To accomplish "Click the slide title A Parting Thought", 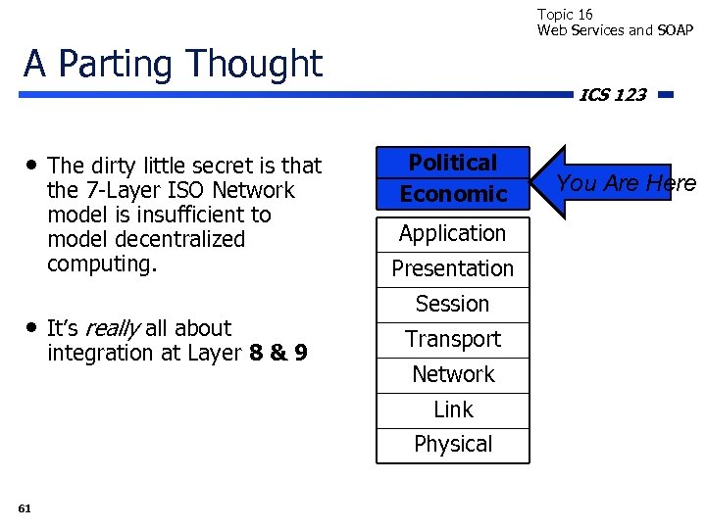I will coord(173,64).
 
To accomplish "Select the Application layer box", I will coord(452,233).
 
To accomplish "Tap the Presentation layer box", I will coord(452,268).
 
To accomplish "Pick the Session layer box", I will coord(452,304).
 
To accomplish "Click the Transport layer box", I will coord(452,339).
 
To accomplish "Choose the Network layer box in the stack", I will coord(452,374).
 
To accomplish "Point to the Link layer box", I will coord(452,409).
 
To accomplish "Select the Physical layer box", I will coord(452,444).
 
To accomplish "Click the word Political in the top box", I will coord(452,163).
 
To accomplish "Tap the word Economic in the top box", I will coord(452,194).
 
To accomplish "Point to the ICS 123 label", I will coord(612,95).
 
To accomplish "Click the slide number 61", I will coord(25,507).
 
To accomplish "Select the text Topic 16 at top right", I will coord(565,14).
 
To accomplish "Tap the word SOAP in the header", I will coord(675,29).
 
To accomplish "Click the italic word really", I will coord(113,328).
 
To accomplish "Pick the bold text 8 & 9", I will coord(278,353).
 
